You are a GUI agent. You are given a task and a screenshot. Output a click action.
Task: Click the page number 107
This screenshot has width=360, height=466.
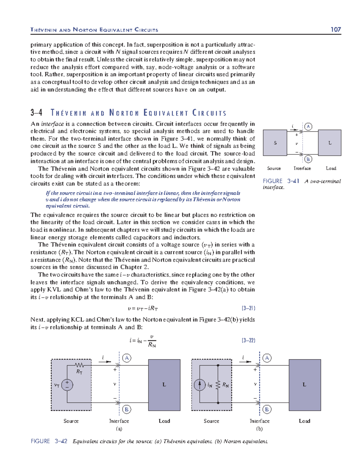click(x=335, y=29)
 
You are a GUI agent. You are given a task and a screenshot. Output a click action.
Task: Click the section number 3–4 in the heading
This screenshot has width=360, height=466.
click(x=36, y=113)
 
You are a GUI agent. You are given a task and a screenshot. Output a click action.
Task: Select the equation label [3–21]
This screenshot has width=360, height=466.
click(x=248, y=308)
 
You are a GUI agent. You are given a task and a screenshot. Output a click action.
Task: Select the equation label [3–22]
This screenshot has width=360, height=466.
click(x=248, y=340)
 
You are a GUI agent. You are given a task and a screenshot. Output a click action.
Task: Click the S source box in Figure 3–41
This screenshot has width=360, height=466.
click(x=275, y=143)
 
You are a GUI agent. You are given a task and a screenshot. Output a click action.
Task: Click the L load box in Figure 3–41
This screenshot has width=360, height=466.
click(x=329, y=143)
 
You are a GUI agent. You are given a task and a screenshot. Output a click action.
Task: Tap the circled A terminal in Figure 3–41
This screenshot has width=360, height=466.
click(x=308, y=127)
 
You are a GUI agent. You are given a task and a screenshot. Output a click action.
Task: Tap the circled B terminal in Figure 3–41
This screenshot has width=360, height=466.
click(x=308, y=159)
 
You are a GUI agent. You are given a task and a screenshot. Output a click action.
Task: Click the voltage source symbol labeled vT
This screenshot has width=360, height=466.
click(x=67, y=385)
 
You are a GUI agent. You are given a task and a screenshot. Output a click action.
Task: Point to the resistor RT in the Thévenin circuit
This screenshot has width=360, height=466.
click(x=79, y=365)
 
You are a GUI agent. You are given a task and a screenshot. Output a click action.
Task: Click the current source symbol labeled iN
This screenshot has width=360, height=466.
click(x=200, y=385)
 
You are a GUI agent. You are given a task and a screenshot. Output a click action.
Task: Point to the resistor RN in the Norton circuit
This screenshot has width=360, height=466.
click(x=218, y=385)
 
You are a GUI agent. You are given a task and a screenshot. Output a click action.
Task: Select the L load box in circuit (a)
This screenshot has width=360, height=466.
click(x=164, y=385)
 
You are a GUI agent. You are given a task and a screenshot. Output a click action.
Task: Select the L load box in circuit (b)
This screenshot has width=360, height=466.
click(x=304, y=385)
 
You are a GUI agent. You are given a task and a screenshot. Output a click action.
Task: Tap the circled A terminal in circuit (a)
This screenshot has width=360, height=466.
click(x=127, y=358)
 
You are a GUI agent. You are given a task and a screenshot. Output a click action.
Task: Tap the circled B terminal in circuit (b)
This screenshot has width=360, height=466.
click(x=267, y=409)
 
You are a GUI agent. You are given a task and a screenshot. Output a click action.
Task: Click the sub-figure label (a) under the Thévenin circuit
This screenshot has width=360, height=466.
click(x=119, y=429)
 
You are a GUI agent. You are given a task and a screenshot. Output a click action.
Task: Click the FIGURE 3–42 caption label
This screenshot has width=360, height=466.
click(x=49, y=441)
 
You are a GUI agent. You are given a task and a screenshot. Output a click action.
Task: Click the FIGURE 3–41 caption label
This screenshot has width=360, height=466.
click(x=281, y=181)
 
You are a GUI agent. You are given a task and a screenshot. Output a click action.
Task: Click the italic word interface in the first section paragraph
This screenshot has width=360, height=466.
click(x=52, y=124)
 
